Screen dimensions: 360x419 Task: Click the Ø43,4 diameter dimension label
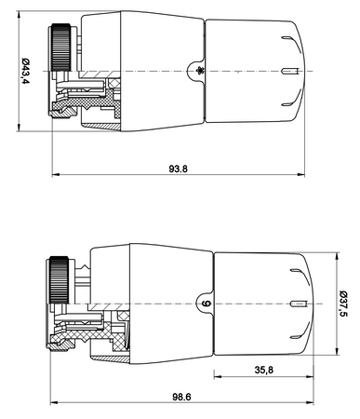pos(26,72)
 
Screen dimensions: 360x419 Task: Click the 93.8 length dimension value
pos(179,169)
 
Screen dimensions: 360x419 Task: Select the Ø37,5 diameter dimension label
pos(343,304)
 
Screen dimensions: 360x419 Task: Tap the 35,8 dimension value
pos(264,370)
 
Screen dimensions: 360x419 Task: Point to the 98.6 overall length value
pos(181,397)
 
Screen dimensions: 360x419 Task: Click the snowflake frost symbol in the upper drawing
pos(199,72)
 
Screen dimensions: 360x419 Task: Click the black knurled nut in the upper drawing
pos(61,47)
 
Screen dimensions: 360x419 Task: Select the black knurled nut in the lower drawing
pos(59,280)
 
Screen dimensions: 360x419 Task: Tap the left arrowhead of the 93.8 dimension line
pos(56,175)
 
